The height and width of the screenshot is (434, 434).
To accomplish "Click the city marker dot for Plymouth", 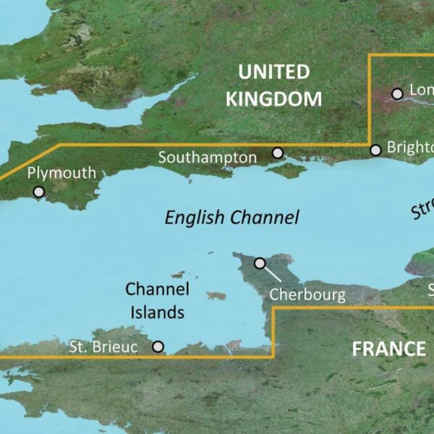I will (38, 192).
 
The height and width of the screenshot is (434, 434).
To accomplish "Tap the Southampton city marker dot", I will (278, 153).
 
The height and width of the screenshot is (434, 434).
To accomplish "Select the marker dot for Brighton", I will (375, 150).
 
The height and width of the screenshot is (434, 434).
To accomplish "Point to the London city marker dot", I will (396, 93).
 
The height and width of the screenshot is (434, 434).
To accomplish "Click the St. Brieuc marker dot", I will (158, 347).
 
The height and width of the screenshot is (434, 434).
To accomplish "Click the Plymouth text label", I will (61, 174).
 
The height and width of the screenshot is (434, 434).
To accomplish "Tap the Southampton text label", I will (207, 157).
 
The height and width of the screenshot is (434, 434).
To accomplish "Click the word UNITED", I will (273, 72).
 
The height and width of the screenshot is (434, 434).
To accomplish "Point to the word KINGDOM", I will (273, 99).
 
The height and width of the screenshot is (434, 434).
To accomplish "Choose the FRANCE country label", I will (388, 349).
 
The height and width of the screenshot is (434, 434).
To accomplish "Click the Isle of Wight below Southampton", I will (289, 171).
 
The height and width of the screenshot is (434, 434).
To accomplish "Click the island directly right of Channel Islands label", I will (216, 295).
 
